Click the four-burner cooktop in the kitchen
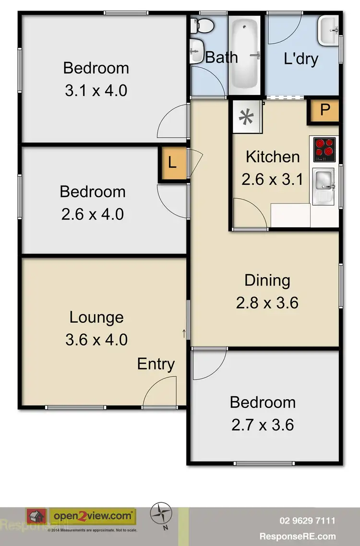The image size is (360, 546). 324,149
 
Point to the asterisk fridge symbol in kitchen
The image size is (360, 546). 247,117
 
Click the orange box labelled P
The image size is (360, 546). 325,110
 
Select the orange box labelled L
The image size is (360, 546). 172,163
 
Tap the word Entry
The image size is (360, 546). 156,364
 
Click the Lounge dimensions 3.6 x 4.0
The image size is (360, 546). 96,340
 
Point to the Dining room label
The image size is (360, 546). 267,280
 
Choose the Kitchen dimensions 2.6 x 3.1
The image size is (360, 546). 272,179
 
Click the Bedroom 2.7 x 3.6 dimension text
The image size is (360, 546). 262,425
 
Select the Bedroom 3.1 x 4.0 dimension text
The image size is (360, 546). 96,90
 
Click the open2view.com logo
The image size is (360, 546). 93,516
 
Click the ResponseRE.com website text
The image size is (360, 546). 298,536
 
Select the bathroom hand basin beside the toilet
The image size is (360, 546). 196,51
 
